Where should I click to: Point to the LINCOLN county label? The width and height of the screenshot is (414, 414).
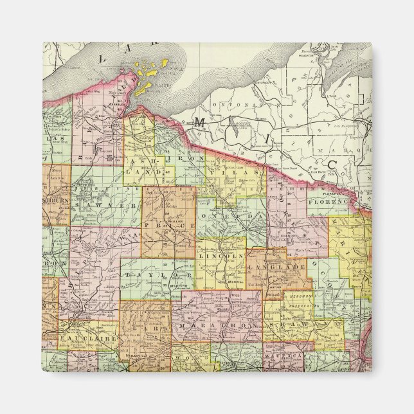221,256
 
